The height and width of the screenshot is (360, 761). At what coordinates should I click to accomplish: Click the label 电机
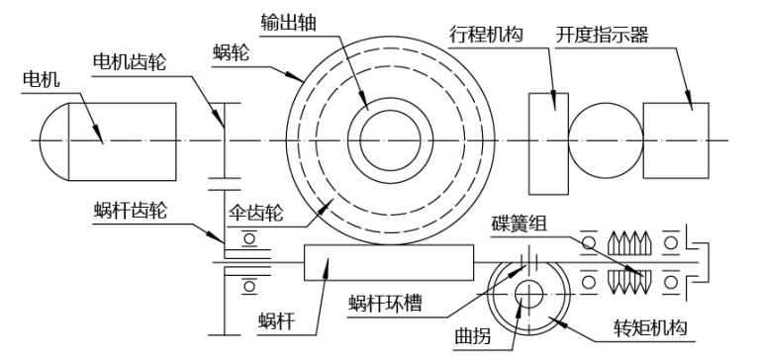tap(37, 77)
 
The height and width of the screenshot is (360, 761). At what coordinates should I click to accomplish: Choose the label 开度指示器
tap(657, 36)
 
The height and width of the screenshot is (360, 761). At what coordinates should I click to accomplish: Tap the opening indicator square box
tap(675, 137)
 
